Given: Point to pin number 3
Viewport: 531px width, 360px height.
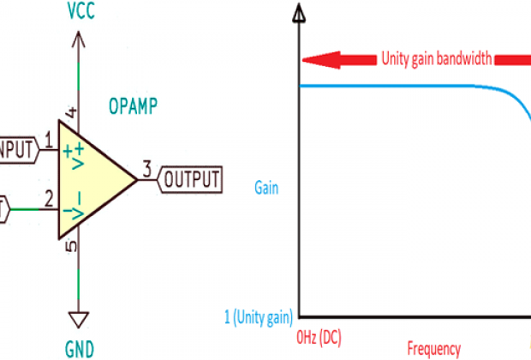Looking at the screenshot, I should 147,169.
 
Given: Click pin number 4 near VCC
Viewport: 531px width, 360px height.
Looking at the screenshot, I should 72,112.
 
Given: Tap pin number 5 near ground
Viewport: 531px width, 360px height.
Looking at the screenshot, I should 72,247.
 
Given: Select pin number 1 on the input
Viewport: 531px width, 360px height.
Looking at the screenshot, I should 49,139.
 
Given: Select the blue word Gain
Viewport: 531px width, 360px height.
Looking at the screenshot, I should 266,186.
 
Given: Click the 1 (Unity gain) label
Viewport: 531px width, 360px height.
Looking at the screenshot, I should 260,315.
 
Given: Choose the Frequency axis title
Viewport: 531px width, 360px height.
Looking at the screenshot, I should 433,349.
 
